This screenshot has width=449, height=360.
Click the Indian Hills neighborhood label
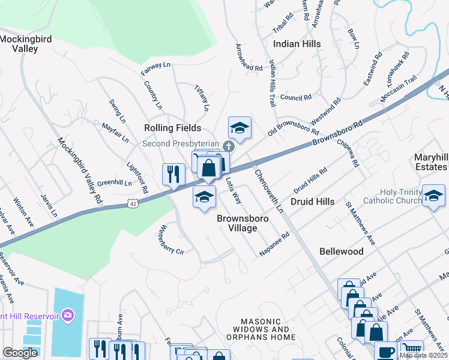297,44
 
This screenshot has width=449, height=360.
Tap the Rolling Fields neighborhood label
172,128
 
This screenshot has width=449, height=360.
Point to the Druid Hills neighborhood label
312,202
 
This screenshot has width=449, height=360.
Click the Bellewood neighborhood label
341,251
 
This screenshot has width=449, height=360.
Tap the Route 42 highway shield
133,205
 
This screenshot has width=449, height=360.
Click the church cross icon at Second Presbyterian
228,146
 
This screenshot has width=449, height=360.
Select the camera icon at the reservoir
68,314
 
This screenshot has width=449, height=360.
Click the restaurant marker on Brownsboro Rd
173,173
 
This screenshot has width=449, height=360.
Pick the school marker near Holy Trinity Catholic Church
433,196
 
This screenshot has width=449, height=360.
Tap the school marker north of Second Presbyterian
240,127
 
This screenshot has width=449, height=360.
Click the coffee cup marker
385,350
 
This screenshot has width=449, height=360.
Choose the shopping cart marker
411,349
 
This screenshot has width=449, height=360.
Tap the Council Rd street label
295,97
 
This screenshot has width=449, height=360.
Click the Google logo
20,353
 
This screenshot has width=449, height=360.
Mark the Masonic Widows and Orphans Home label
265,329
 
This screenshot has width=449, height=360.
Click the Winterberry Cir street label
170,239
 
